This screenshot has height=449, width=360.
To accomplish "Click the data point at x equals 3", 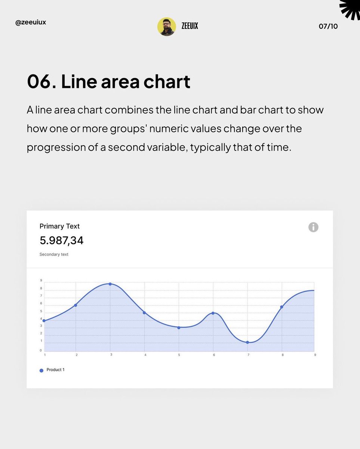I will click(x=110, y=284).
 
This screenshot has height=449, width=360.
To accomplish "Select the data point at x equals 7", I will click(x=247, y=342).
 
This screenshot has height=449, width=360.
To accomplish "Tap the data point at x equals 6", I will click(x=213, y=313).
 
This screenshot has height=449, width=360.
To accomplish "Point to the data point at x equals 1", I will click(x=44, y=321).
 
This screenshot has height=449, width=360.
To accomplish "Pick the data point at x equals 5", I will click(x=179, y=328).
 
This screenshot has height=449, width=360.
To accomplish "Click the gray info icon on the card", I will click(x=313, y=227).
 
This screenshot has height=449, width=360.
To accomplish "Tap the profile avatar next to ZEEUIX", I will click(x=166, y=27).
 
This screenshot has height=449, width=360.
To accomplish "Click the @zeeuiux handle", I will click(x=31, y=22).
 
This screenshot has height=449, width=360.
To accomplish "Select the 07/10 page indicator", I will click(x=328, y=26).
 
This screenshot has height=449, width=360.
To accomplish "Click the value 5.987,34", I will click(x=62, y=241).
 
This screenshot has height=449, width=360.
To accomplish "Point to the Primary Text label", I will click(x=59, y=226).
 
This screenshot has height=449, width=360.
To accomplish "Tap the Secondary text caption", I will click(x=54, y=254).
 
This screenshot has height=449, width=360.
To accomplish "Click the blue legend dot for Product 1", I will click(x=41, y=370).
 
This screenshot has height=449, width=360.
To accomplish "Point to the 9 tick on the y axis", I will click(x=41, y=280).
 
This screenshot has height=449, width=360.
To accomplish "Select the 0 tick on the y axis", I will click(x=41, y=351).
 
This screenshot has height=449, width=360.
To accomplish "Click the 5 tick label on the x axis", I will click(x=179, y=355).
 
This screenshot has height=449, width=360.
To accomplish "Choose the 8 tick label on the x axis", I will click(x=282, y=355).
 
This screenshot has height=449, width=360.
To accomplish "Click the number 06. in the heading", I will click(x=41, y=82).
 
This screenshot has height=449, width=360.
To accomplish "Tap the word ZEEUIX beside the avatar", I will click(x=190, y=26).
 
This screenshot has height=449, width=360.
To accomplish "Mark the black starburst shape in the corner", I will click(x=351, y=8).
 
